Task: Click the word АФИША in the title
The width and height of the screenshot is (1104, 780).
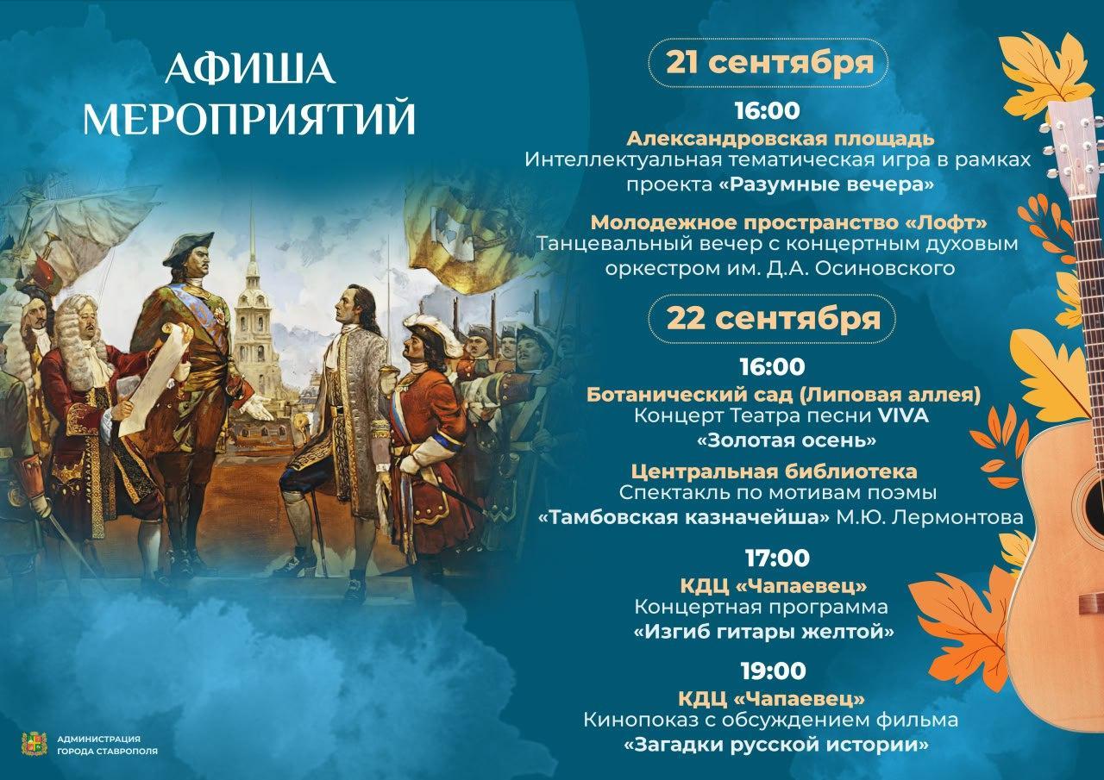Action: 251,68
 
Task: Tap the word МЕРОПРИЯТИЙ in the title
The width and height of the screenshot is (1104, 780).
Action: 250,119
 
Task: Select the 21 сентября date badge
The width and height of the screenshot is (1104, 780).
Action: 768,63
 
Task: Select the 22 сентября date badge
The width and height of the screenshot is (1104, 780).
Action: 772,319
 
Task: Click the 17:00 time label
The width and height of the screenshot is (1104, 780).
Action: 777,558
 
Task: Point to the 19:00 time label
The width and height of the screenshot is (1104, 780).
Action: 774,671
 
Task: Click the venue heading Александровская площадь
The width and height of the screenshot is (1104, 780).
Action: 781,139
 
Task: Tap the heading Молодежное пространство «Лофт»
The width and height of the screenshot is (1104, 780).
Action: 789,222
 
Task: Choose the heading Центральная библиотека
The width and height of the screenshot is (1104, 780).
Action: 774,471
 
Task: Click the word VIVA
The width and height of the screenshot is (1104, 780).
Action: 903,415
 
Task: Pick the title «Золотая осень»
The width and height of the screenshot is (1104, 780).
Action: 786,440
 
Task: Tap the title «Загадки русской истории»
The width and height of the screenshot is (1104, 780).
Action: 775,745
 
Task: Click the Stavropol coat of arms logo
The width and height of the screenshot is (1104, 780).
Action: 34,744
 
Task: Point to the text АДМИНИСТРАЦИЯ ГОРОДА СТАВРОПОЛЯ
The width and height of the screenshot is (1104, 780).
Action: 107,745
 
